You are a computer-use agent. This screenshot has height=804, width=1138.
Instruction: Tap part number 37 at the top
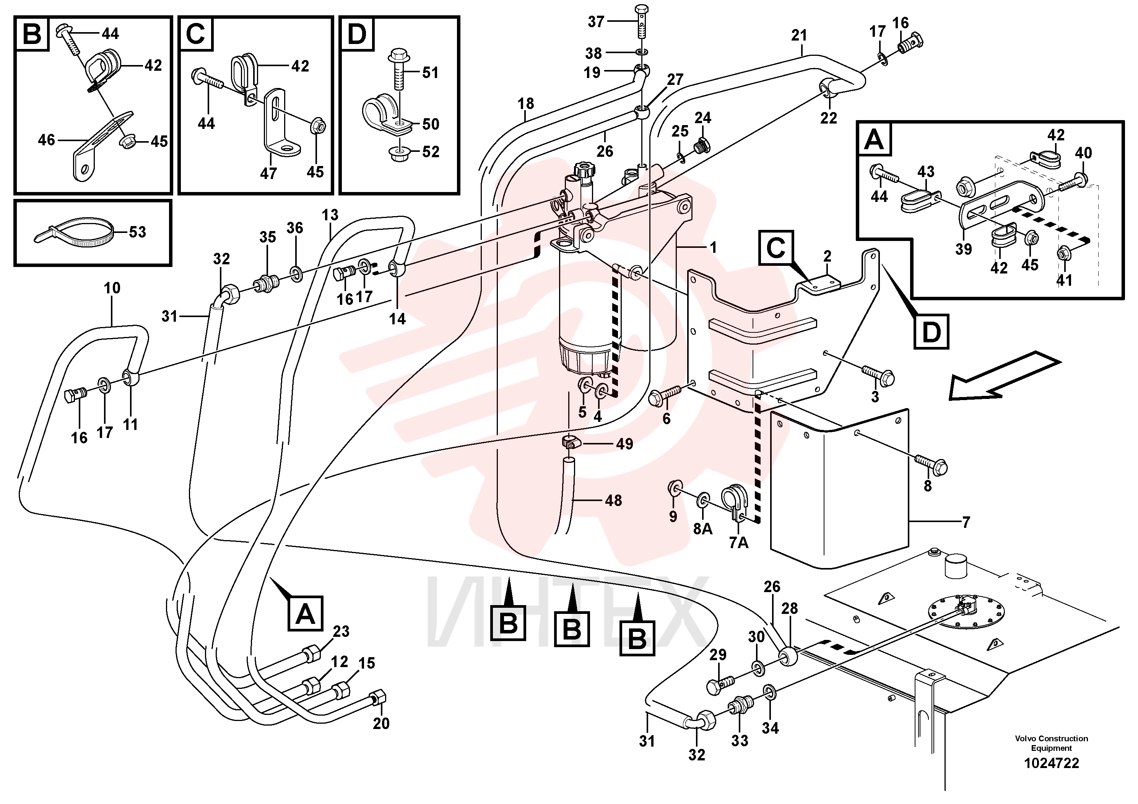(596, 22)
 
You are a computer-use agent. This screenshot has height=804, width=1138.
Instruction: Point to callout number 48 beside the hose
(613, 501)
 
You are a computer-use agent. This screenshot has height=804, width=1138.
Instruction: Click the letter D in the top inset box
(356, 34)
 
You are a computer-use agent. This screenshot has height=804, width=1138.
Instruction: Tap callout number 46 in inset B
(47, 140)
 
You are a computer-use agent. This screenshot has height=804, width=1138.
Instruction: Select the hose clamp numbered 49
(570, 442)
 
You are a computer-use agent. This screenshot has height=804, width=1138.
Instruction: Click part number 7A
(738, 543)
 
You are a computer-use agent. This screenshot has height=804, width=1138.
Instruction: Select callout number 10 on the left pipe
(112, 288)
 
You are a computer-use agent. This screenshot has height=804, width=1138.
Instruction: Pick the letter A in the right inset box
(874, 139)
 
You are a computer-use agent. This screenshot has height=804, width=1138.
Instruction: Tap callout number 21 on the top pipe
(799, 35)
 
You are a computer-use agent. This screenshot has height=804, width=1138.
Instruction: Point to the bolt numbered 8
(931, 465)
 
